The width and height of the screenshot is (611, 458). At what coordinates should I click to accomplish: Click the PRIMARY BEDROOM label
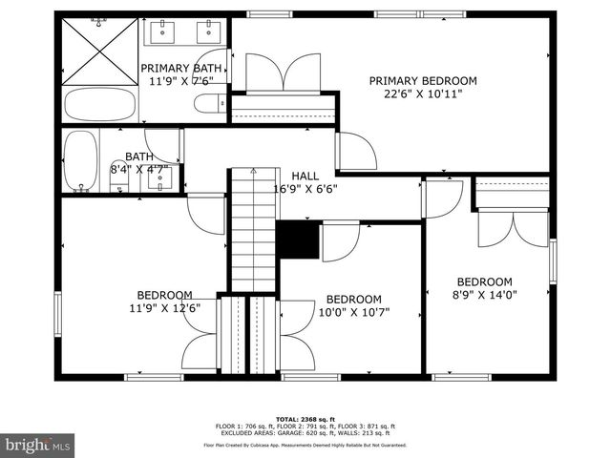tap(423, 81)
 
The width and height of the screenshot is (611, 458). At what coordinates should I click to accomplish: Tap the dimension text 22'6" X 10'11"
tap(423, 94)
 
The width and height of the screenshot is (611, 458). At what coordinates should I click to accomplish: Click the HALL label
tap(305, 176)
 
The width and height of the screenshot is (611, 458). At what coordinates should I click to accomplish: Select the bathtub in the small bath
tap(80, 161)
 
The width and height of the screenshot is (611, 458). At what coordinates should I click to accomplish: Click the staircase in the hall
tap(252, 229)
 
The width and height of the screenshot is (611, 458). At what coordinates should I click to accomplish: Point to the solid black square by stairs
tap(296, 240)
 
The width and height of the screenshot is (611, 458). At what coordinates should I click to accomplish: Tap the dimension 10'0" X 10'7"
tap(353, 312)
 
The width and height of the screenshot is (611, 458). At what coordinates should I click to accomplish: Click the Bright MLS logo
tap(38, 445)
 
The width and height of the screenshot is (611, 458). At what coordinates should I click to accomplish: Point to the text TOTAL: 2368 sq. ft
tap(305, 419)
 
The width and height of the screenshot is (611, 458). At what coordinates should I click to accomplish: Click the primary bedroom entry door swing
tap(356, 151)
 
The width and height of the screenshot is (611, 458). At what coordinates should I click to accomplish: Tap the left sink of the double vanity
tap(163, 32)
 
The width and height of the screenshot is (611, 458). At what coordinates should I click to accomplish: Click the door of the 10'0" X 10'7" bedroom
tap(341, 240)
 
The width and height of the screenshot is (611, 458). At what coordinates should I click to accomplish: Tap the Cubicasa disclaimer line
tap(305, 445)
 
